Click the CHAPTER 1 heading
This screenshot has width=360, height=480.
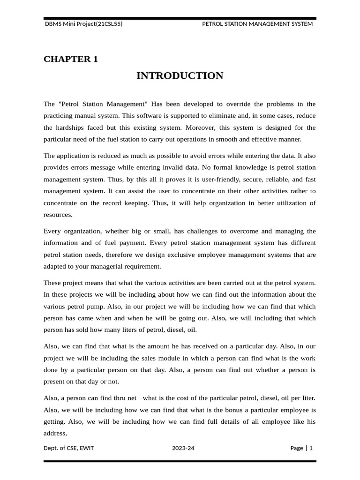click(71, 59)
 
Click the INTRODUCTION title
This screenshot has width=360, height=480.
click(180, 76)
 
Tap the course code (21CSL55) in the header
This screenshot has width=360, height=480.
click(109, 24)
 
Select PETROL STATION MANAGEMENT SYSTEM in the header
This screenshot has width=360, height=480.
click(257, 24)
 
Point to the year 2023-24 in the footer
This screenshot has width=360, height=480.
click(183, 448)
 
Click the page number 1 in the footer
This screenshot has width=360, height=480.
click(311, 448)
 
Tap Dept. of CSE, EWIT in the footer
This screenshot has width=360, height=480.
click(68, 448)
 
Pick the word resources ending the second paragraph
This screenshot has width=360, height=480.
click(58, 215)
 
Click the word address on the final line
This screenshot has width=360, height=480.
click(55, 433)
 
